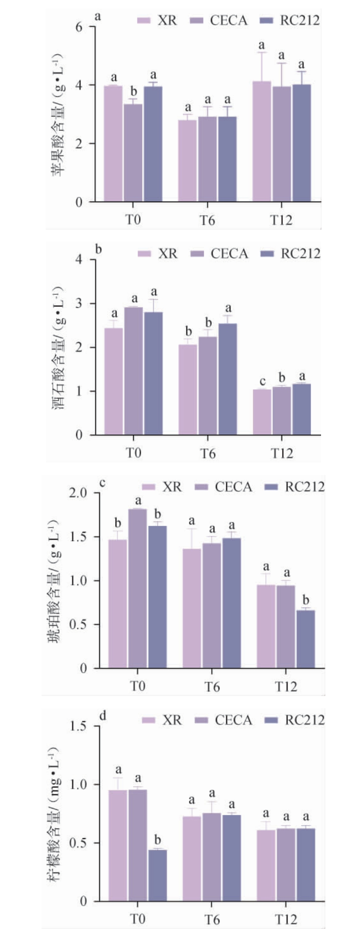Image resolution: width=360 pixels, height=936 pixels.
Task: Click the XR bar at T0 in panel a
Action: coord(113,144)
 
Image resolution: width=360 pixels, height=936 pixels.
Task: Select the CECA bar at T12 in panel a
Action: coord(282,144)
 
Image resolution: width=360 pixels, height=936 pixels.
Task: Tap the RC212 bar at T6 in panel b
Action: coord(228,379)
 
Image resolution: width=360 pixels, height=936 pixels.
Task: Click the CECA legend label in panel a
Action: coord(229,20)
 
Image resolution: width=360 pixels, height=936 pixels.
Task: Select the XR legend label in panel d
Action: coord(172,720)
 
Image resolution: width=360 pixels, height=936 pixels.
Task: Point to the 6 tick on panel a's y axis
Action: coord(79,27)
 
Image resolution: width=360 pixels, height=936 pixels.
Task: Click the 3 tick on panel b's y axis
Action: coord(79,304)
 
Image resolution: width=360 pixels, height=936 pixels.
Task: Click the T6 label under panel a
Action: coord(208,220)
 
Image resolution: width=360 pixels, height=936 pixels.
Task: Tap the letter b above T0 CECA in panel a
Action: coord(133,91)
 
